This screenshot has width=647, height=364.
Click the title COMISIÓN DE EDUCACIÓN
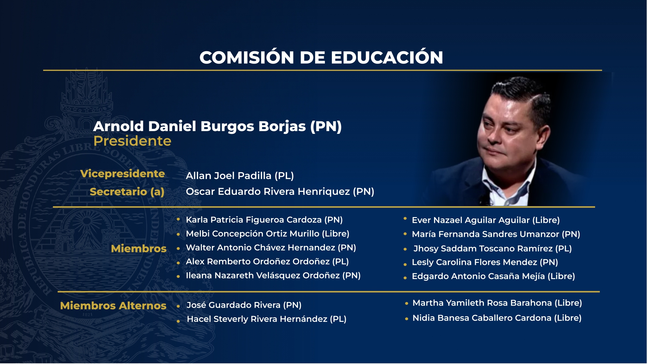pyautogui.click(x=321, y=57)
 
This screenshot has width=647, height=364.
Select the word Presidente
pyautogui.click(x=132, y=141)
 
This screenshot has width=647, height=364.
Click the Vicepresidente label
pyautogui.click(x=122, y=174)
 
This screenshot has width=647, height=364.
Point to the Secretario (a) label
pyautogui.click(x=127, y=191)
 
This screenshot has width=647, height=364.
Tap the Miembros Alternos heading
pyautogui.click(x=113, y=306)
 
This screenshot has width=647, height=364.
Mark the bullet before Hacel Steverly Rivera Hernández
pyautogui.click(x=178, y=321)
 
